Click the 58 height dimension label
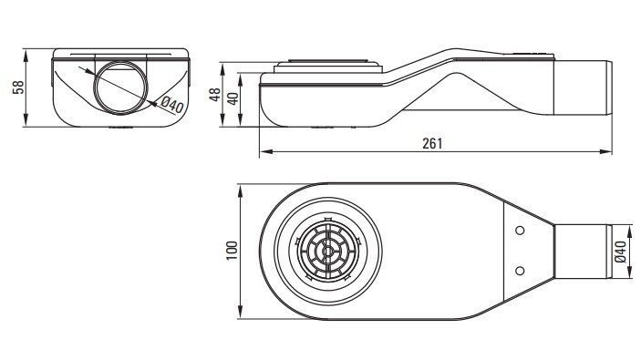[x=18, y=87]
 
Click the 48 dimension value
[x=215, y=95]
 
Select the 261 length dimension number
[x=432, y=143]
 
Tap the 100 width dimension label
[x=232, y=251]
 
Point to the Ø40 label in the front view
[x=171, y=105]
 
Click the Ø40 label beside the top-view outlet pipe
[x=621, y=252]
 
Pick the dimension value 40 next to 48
[x=233, y=99]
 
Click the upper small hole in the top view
[x=520, y=231]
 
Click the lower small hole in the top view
[x=520, y=271]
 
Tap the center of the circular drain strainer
[x=328, y=251]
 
